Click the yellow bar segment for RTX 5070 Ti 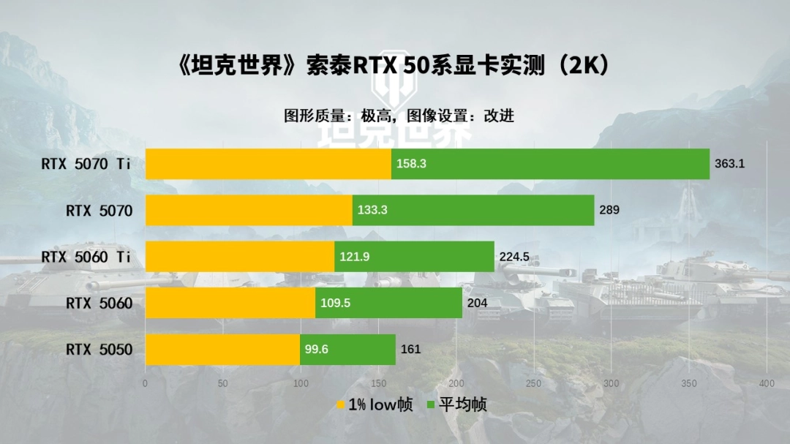(x=268, y=164)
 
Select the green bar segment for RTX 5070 (x=473, y=210)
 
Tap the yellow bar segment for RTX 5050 (x=222, y=349)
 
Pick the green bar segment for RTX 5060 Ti (x=414, y=257)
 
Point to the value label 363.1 (x=729, y=164)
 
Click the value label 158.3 (x=411, y=164)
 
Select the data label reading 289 (x=609, y=210)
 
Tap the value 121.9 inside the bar (x=355, y=257)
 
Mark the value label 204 (x=477, y=303)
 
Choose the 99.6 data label (x=317, y=350)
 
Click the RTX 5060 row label (x=99, y=303)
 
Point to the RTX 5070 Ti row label (x=86, y=164)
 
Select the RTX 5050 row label (x=99, y=350)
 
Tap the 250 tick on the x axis (x=534, y=384)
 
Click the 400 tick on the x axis (x=767, y=384)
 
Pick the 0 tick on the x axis (x=145, y=384)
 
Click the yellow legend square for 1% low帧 (x=340, y=405)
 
